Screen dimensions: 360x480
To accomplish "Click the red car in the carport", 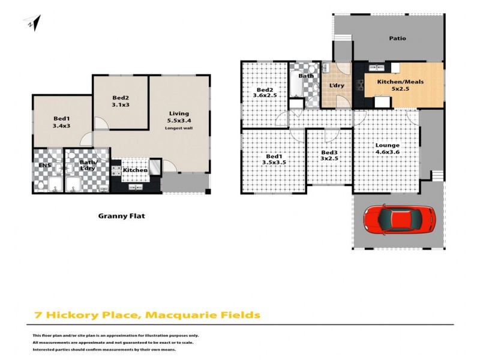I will [x=399, y=220].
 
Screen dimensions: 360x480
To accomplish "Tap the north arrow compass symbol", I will [x=34, y=24].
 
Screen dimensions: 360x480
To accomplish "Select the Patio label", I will [x=397, y=38].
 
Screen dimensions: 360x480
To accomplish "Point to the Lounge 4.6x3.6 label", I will [x=388, y=149].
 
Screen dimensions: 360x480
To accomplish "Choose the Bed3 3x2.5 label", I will [x=329, y=156].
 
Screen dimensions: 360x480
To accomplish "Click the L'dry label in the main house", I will [x=337, y=86].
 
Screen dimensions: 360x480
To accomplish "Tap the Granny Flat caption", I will [x=122, y=216].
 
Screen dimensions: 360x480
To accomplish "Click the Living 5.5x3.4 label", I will [x=179, y=117].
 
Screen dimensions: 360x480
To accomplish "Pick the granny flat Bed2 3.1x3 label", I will [x=121, y=102].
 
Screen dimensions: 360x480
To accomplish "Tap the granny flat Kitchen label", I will [x=135, y=170].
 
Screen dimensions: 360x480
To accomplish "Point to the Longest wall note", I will [x=179, y=128].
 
